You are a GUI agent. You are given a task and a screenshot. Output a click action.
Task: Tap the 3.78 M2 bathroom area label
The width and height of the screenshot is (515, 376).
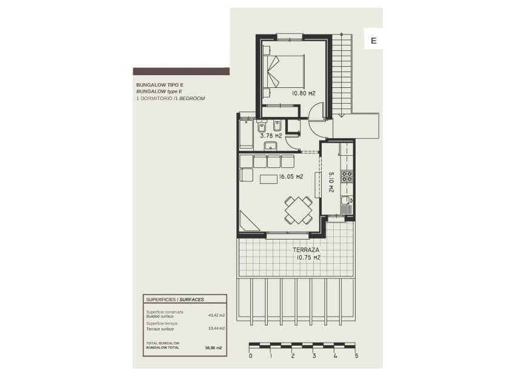click(271, 136)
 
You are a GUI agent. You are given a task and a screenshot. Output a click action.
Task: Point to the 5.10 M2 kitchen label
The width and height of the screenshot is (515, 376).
click(331, 182)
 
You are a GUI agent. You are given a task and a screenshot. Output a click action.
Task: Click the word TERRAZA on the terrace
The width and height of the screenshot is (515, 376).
click(306, 249)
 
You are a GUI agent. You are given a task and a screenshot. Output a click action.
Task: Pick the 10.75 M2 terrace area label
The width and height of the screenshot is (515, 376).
click(308, 257)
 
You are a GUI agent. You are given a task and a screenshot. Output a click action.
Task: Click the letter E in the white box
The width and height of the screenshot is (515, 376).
click(373, 41)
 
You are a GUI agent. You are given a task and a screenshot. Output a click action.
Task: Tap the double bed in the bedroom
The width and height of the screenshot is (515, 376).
click(287, 72)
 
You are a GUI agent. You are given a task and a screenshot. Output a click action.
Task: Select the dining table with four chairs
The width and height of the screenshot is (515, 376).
click(298, 210)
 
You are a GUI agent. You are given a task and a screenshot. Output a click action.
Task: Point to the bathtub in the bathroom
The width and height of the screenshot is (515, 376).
click(245, 132)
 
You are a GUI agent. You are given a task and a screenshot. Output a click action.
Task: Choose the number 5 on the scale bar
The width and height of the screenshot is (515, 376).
click(357, 356)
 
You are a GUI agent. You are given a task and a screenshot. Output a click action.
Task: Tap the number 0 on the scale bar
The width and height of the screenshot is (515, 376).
click(250, 356)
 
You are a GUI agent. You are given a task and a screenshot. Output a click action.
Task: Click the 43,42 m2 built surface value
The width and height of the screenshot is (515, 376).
click(216, 315)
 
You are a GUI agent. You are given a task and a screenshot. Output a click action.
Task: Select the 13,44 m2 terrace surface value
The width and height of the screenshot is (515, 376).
click(216, 328)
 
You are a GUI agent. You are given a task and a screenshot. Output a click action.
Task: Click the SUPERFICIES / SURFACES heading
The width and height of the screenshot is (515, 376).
click(175, 300)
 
